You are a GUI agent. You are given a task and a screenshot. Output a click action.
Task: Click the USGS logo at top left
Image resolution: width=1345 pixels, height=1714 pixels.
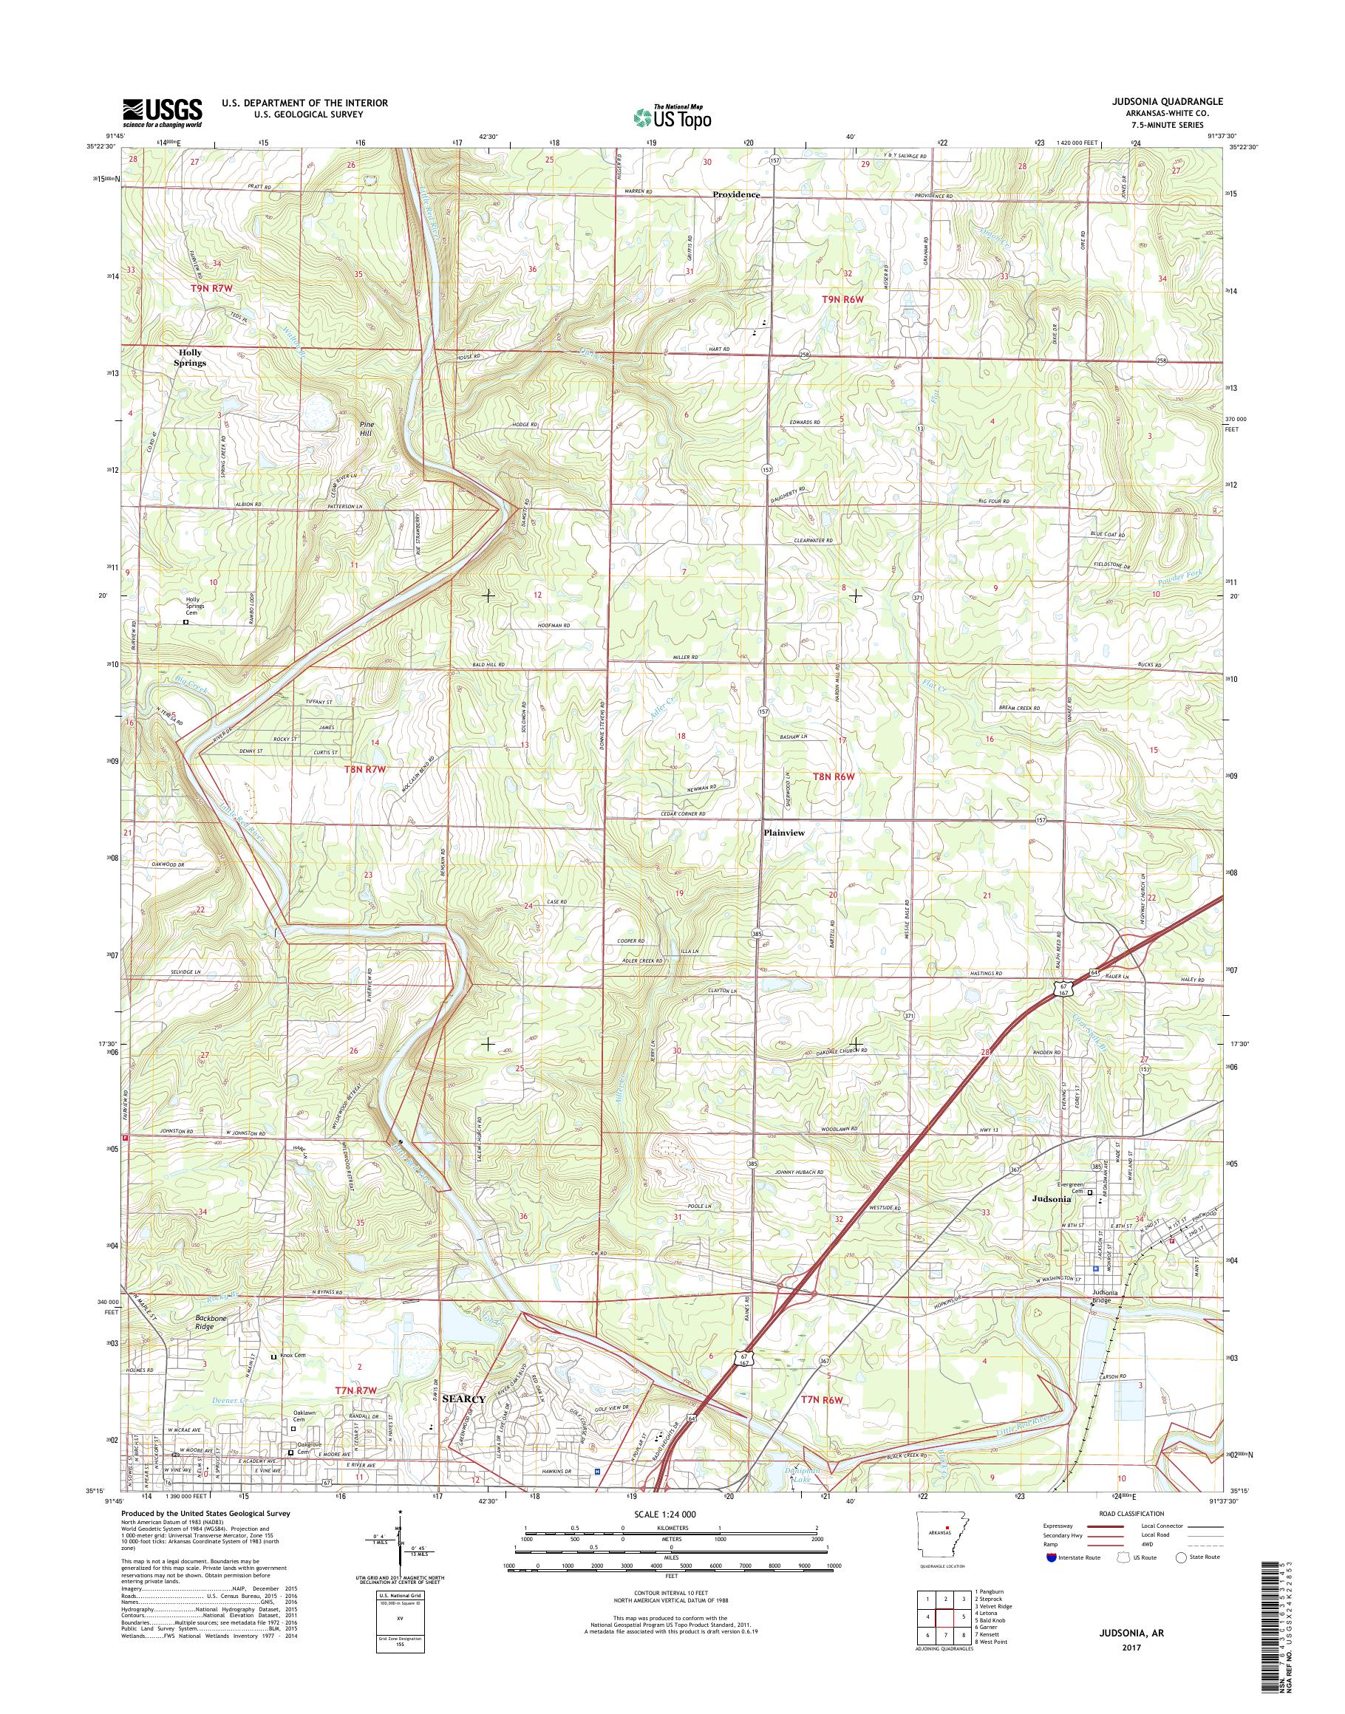click(161, 112)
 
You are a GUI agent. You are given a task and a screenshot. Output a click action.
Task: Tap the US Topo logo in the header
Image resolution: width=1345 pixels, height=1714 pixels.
click(672, 117)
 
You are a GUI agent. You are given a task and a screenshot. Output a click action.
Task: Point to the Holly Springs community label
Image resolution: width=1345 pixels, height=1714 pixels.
click(191, 358)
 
